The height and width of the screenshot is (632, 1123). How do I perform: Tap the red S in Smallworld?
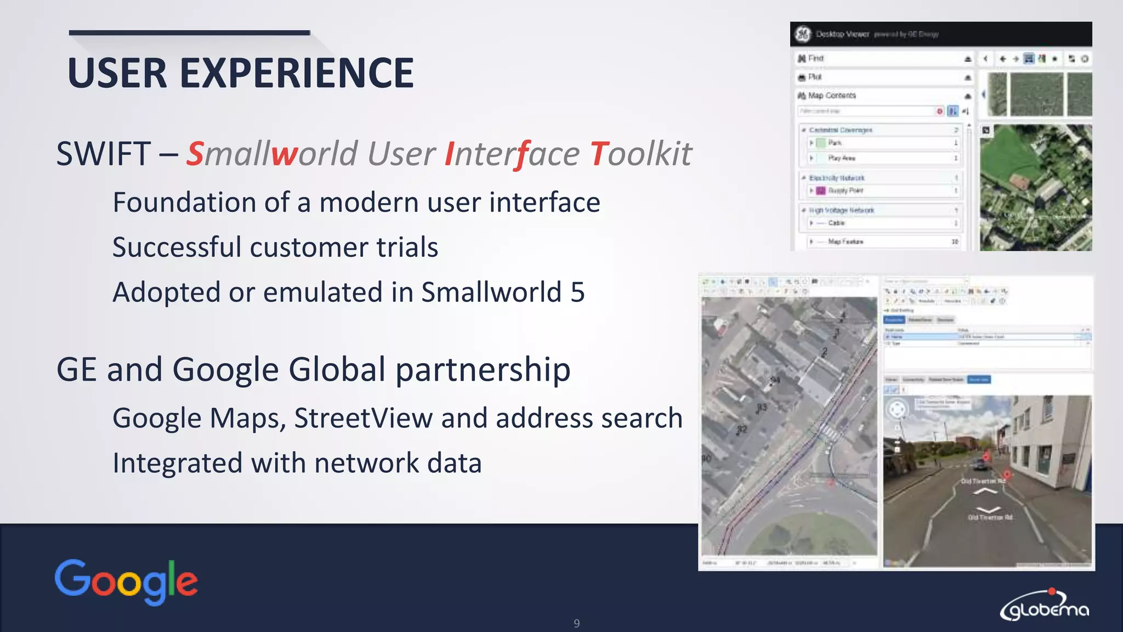(x=195, y=154)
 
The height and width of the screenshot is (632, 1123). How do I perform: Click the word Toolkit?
(x=641, y=154)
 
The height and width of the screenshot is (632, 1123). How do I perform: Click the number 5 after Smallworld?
(x=577, y=292)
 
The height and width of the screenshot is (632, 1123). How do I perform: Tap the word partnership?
(x=483, y=369)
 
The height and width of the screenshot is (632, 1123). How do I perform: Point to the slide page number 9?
(x=576, y=623)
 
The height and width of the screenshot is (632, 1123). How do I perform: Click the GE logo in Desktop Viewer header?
(x=803, y=34)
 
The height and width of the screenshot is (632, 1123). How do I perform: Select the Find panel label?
(x=815, y=58)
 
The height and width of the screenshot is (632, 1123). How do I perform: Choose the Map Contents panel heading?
(x=831, y=95)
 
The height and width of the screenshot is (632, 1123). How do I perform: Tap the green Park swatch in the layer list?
(x=821, y=143)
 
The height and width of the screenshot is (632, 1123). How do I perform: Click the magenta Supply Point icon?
(x=821, y=190)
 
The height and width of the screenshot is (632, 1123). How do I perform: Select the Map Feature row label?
(x=845, y=241)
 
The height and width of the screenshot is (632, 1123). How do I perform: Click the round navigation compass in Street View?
(x=898, y=409)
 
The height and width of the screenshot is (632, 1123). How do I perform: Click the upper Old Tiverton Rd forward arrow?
(x=984, y=490)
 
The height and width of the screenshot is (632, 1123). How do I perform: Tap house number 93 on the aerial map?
(x=762, y=408)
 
